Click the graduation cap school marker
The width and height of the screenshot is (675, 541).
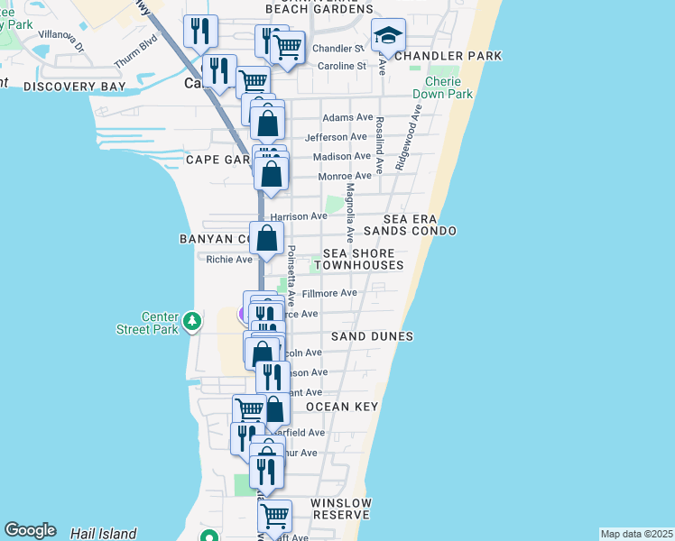click(388, 36)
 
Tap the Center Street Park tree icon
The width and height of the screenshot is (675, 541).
click(191, 320)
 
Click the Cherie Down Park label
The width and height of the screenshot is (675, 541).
click(443, 87)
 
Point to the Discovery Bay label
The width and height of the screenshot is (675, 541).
click(74, 87)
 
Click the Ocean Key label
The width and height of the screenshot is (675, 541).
click(341, 407)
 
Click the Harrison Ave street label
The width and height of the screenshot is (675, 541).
click(299, 216)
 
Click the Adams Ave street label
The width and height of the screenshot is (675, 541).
click(347, 117)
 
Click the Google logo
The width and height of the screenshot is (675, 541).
click(29, 530)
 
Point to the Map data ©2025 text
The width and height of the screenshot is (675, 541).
click(636, 534)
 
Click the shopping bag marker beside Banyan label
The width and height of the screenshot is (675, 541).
click(267, 240)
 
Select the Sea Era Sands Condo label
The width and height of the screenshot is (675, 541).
click(420, 225)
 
